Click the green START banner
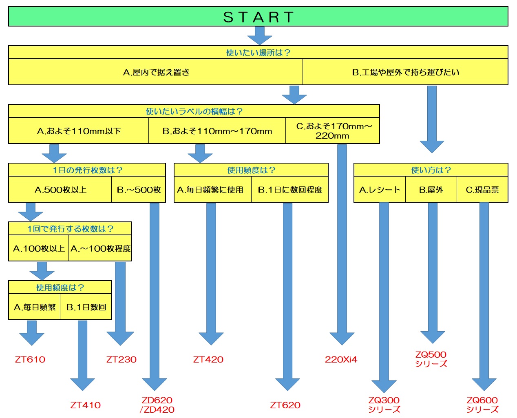pyautogui.click(x=258, y=16)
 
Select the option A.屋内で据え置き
pyautogui.click(x=156, y=72)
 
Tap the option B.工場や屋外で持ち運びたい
pyautogui.click(x=405, y=72)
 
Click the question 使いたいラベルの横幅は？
pyautogui.click(x=194, y=111)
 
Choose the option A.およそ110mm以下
pyautogui.click(x=79, y=131)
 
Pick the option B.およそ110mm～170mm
pyautogui.click(x=217, y=131)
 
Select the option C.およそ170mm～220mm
pyautogui.click(x=333, y=131)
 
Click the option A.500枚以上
pyautogui.click(x=60, y=189)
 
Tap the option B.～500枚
pyautogui.click(x=139, y=189)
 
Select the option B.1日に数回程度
pyautogui.click(x=290, y=189)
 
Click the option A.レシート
pyautogui.click(x=380, y=189)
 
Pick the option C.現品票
pyautogui.click(x=482, y=189)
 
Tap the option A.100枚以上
pyautogui.click(x=39, y=248)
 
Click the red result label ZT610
pyautogui.click(x=30, y=359)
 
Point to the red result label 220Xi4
pyautogui.click(x=341, y=359)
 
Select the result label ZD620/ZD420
pyautogui.click(x=157, y=405)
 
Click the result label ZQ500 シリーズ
pyautogui.click(x=431, y=359)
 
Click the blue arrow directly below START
pyautogui.click(x=259, y=36)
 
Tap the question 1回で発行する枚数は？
pyautogui.click(x=70, y=228)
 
